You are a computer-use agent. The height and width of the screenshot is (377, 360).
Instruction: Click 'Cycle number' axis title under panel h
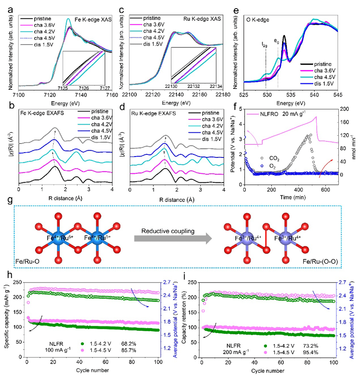[89, 370]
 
